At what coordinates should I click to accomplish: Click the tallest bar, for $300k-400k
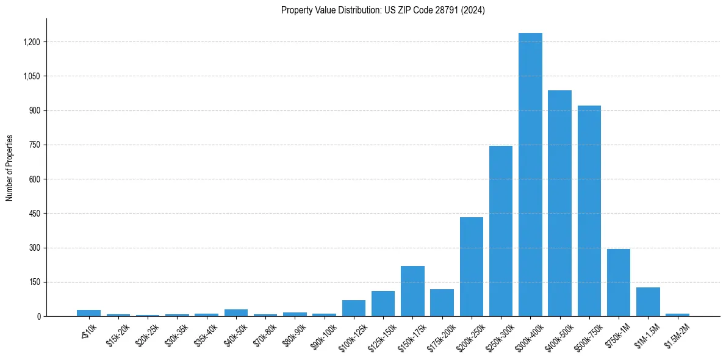coord(530,175)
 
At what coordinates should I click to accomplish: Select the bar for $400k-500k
coord(559,203)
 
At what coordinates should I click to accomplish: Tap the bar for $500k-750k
coord(589,211)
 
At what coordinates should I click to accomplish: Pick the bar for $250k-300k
coord(501,231)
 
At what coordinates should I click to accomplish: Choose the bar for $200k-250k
coord(472,267)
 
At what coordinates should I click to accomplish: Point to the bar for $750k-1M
coord(619,283)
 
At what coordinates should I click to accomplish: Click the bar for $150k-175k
coord(412,291)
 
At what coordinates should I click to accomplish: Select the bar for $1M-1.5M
coord(648,301)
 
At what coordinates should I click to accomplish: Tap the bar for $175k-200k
coord(442,303)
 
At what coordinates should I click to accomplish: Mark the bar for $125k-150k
coord(383,304)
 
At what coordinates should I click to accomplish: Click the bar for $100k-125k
coord(354,308)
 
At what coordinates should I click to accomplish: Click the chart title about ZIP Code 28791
coord(383,10)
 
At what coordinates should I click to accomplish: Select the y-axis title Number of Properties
coord(10,168)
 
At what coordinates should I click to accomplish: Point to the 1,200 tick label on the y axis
coord(31,42)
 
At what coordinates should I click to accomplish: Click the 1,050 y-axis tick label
coord(31,76)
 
